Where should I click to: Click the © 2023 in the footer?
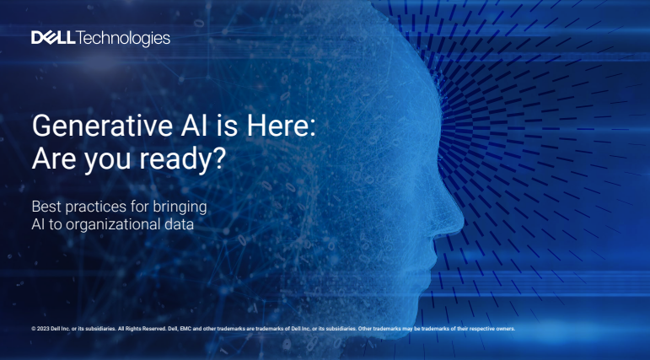point(40,328)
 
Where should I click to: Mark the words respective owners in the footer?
point(493,328)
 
